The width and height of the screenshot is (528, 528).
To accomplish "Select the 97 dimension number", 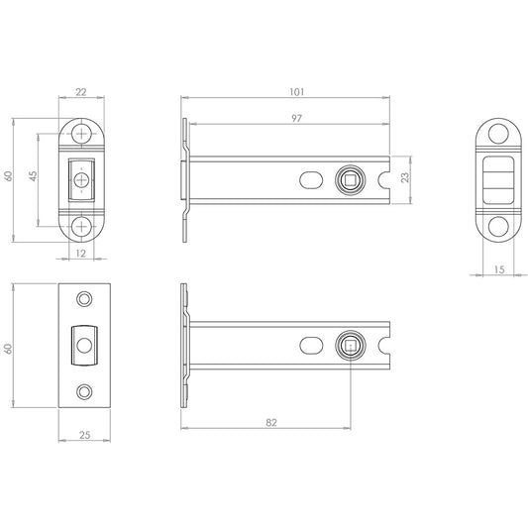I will click(x=297, y=119).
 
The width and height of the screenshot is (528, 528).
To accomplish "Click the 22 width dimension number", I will click(x=82, y=92).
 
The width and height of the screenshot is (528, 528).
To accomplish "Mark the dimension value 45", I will click(x=33, y=175).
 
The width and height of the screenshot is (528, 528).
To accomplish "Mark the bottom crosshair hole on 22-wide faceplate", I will click(x=82, y=224).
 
